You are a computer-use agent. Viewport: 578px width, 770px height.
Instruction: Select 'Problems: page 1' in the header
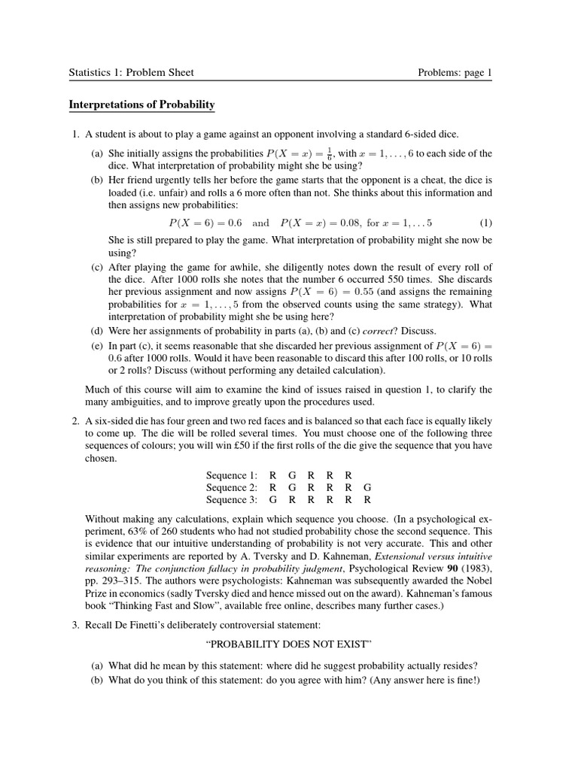455,73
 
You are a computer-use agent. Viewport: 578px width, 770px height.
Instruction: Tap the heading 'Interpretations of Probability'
142,105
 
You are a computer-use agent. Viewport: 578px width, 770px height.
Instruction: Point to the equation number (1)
485,223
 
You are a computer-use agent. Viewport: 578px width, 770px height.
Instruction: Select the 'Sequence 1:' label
232,475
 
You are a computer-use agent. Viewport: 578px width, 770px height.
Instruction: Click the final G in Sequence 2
367,487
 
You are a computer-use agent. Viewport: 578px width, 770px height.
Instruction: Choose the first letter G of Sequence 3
272,499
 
